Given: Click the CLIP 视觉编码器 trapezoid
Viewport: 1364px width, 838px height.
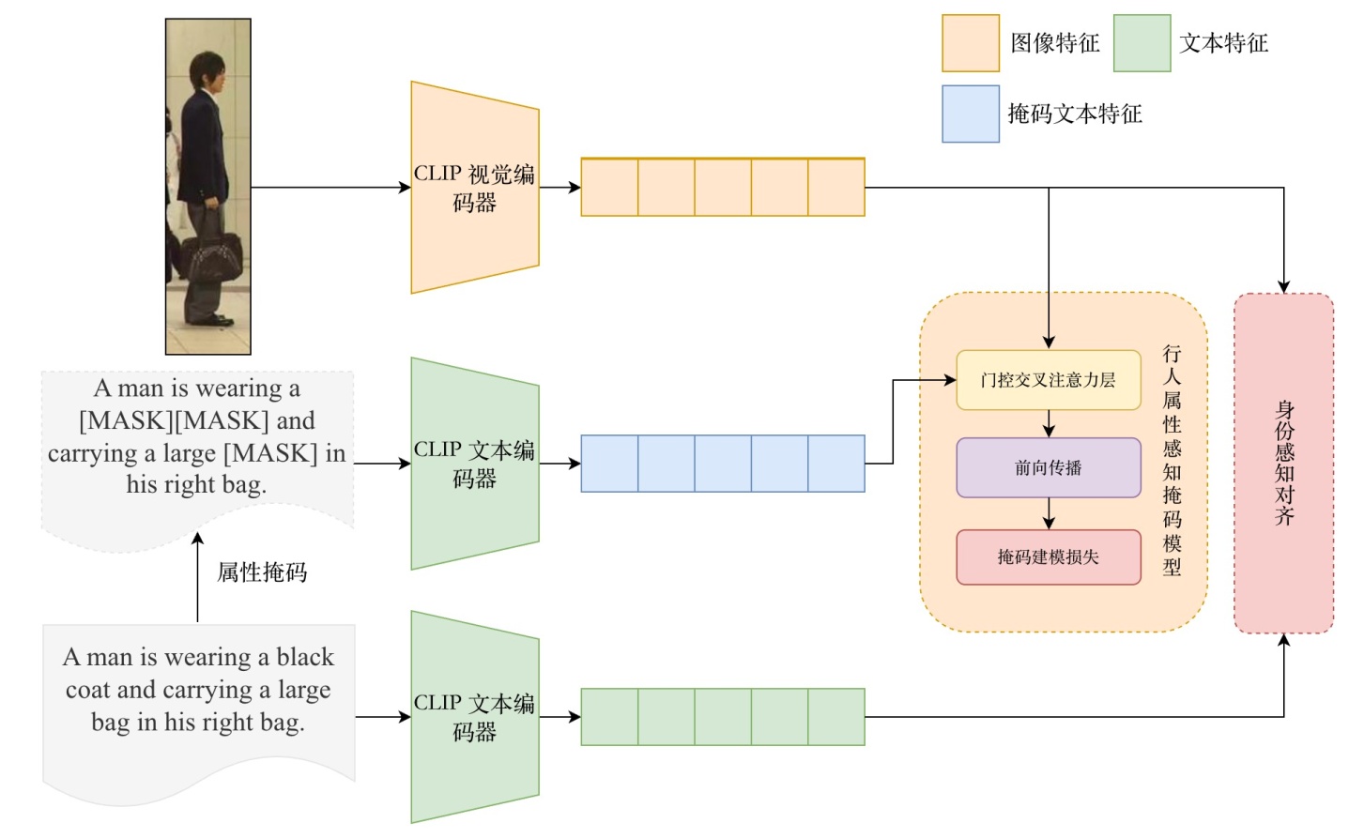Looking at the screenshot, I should pos(474,188).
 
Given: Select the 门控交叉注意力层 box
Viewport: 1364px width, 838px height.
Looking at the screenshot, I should pos(1048,380).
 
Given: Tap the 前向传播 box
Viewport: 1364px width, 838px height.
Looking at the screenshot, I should pos(1048,467).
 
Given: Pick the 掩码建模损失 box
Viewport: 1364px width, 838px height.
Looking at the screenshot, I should pos(1048,557).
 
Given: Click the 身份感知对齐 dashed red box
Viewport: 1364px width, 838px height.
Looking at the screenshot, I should pos(1283,464).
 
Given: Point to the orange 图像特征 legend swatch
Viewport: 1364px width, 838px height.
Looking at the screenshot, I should pos(970,43).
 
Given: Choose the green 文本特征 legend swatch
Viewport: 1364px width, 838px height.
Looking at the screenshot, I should pos(1142,43).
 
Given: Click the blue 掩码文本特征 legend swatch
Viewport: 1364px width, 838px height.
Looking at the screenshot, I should pos(970,114).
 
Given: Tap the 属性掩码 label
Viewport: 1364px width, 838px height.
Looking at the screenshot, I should pos(262,572).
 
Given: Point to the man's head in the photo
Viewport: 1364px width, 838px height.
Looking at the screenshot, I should pos(207,73).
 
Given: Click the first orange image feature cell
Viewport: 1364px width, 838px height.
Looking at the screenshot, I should pos(609,188).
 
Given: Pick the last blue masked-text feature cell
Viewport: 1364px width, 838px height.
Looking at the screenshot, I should pos(835,464).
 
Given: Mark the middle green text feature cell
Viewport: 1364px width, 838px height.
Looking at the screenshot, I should pos(723,717).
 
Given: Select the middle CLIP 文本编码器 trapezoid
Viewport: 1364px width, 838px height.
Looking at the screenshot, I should pos(474,464).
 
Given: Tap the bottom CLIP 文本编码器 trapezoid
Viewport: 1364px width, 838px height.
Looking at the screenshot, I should pos(474,717).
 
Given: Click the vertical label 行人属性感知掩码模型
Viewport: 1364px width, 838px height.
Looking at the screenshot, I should pos(1172,460).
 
